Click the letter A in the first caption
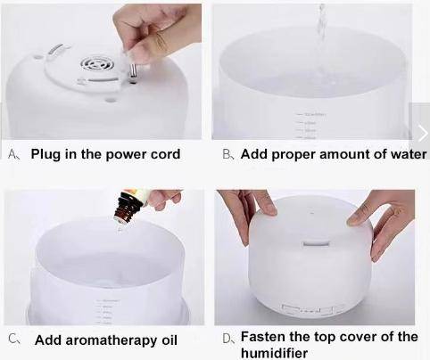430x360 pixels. tap(13, 154)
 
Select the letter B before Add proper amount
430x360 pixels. tap(227, 154)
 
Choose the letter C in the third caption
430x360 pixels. tap(13, 340)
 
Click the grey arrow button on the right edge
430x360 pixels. tap(421, 133)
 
